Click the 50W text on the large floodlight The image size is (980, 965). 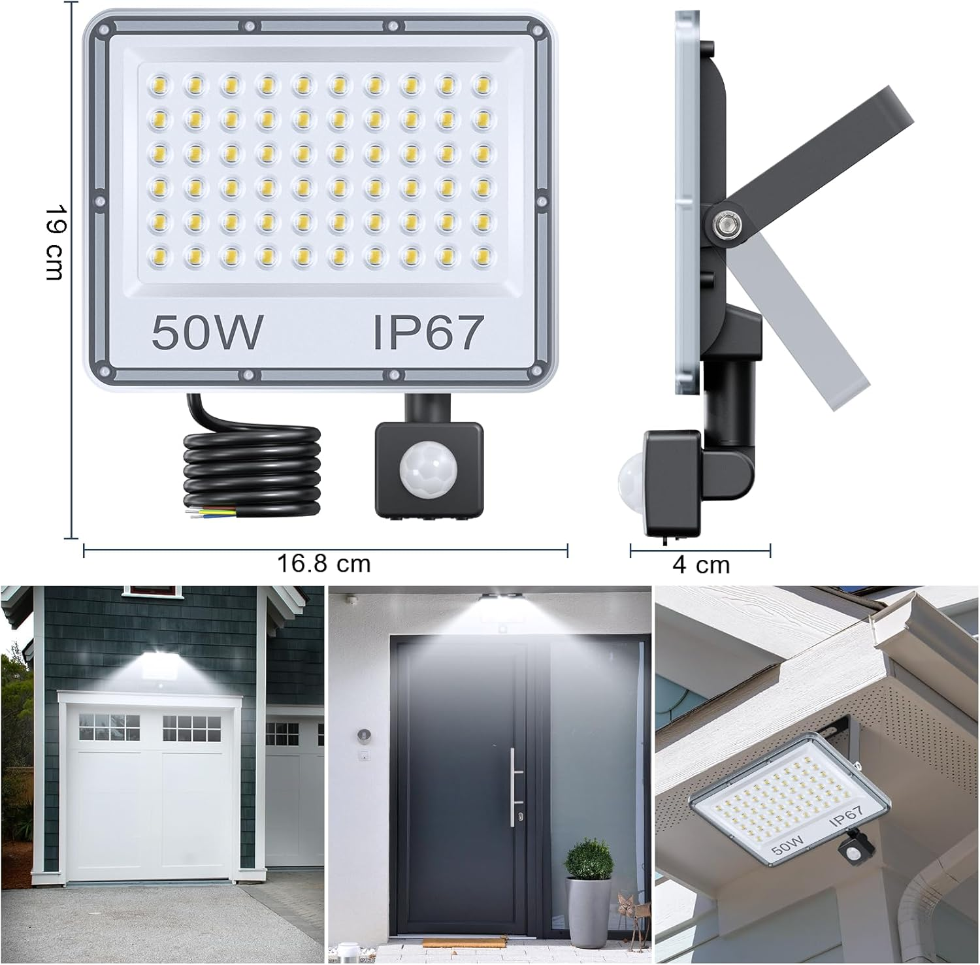(x=208, y=331)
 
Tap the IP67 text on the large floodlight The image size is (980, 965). (x=427, y=331)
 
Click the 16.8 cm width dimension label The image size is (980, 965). (x=324, y=564)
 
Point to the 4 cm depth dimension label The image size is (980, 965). (x=701, y=564)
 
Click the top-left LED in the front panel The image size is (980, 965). (x=158, y=84)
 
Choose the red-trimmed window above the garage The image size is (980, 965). (x=152, y=589)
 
